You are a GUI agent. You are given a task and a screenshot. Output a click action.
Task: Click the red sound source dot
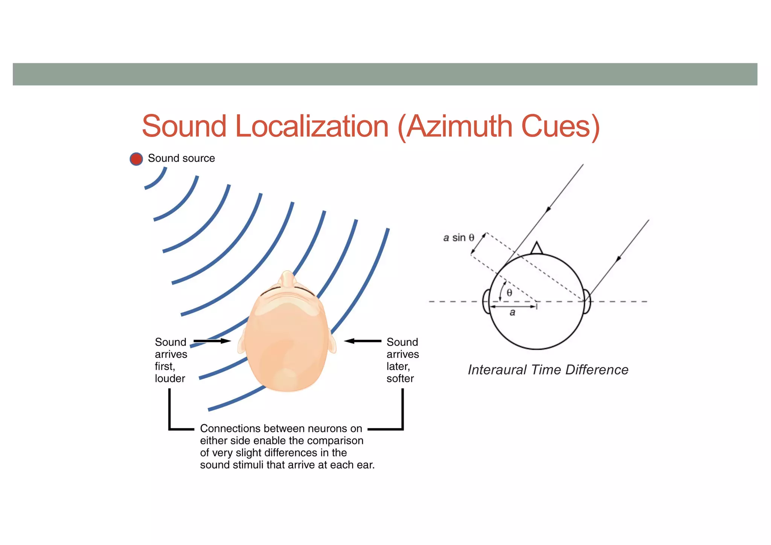point(136,159)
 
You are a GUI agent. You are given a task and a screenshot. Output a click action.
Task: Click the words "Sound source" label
point(181,158)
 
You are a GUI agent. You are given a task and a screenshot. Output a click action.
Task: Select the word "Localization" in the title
point(312,126)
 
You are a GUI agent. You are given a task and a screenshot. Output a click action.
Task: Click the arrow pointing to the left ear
point(212,341)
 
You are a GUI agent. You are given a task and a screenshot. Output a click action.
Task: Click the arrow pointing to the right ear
point(363,341)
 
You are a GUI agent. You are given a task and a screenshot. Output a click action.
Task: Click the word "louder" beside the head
point(170,378)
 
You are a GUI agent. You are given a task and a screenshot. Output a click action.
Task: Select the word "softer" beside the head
point(400,378)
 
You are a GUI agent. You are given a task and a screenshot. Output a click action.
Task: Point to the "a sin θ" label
point(458,237)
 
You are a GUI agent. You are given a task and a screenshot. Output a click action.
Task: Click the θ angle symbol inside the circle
point(509,293)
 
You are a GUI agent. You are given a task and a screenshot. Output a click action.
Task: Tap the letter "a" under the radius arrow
point(512,312)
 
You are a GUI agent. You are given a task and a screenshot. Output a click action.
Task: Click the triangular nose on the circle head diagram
point(536,249)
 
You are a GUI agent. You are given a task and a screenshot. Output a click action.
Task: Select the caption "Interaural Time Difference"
point(548,370)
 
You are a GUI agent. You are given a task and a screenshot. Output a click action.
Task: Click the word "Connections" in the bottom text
point(230,428)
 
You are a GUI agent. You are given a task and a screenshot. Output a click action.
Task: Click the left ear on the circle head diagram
point(486,301)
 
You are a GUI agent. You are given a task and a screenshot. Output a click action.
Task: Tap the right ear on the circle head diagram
point(587,301)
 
